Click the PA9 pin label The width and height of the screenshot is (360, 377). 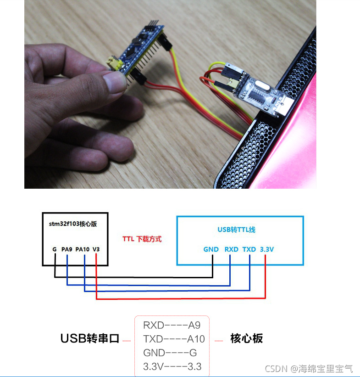[x=67, y=249]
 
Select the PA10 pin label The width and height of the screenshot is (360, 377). [x=83, y=249]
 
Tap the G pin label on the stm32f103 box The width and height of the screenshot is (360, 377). [x=54, y=249]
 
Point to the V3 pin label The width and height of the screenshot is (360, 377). [x=96, y=249]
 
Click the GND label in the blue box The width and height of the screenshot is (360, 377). [x=211, y=249]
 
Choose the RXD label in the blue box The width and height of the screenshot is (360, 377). [x=231, y=249]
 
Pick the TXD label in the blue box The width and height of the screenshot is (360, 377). [x=249, y=249]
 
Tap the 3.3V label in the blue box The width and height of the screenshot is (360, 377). [x=267, y=249]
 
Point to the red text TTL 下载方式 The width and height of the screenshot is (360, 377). [x=142, y=239]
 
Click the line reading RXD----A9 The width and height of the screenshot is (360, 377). [x=172, y=326]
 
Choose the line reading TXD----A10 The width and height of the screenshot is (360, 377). [x=174, y=339]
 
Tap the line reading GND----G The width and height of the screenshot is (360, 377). [x=170, y=353]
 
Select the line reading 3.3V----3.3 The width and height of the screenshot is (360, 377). [x=172, y=367]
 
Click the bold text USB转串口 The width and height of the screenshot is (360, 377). [x=90, y=339]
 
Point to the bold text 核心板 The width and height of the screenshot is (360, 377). [x=247, y=339]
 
